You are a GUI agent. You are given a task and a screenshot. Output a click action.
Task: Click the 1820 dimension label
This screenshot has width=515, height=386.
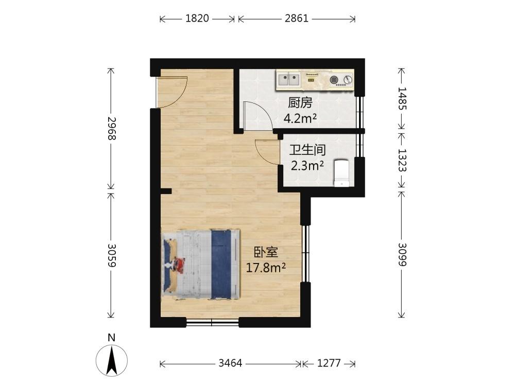197,19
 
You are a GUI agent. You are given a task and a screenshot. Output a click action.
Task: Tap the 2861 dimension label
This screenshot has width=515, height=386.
297,19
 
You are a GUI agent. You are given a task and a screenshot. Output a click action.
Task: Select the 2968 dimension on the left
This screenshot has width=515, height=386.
112,128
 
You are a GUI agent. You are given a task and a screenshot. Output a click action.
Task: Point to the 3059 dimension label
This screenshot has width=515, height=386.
112,255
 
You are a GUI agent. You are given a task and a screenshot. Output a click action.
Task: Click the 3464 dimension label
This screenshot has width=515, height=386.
230,363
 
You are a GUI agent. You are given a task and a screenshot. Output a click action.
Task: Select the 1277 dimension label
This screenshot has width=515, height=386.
329,363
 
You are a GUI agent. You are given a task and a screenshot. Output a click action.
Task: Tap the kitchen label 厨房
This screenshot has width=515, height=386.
300,103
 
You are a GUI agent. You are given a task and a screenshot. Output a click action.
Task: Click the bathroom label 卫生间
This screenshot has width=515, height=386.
307,150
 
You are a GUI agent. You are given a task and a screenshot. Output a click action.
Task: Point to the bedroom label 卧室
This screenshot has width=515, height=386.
266,252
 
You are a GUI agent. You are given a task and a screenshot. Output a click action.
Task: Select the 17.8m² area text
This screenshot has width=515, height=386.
266,268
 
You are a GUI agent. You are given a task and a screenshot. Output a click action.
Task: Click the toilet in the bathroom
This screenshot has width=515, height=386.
341,172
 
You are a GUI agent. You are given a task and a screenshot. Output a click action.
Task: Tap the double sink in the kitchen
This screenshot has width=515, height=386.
289,80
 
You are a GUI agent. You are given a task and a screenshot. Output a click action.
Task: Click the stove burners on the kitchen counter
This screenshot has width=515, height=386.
341,80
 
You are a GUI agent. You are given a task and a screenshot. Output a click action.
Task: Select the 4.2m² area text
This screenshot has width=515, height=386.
300,118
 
